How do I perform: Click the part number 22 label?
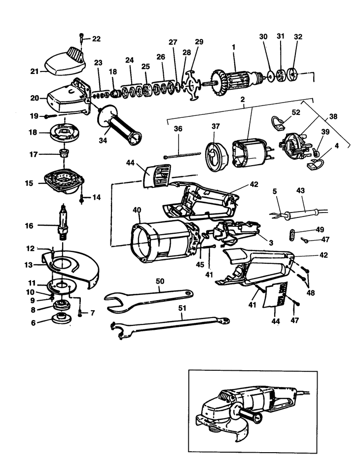[96, 38]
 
